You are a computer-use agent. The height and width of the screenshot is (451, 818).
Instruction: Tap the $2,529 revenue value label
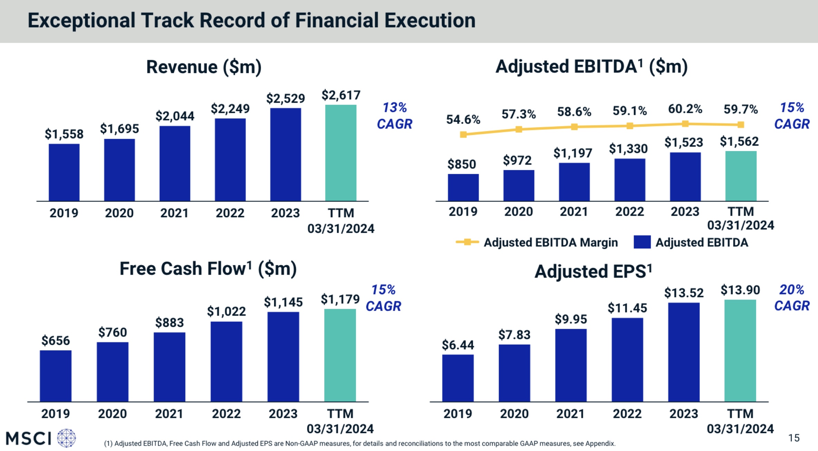[286, 99]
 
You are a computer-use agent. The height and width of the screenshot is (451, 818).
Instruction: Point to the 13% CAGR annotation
[395, 116]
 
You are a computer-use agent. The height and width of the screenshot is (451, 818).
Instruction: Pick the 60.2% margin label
[685, 109]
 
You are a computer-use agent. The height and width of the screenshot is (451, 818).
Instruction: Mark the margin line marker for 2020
[519, 129]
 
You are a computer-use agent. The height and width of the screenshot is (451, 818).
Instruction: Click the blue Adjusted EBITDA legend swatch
[642, 242]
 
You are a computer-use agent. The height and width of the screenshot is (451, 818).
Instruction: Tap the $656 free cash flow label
[56, 341]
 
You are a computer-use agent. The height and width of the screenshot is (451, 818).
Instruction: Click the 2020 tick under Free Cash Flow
[112, 413]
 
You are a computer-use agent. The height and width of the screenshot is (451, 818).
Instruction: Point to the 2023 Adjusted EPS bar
[684, 352]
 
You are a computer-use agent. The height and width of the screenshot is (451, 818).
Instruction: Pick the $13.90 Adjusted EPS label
[740, 290]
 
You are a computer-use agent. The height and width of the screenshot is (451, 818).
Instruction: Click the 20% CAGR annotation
[791, 297]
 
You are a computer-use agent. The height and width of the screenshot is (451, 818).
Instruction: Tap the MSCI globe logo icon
[66, 438]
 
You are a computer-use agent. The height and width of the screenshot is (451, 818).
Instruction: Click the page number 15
[794, 438]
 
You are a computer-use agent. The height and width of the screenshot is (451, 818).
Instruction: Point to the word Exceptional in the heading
[81, 20]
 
